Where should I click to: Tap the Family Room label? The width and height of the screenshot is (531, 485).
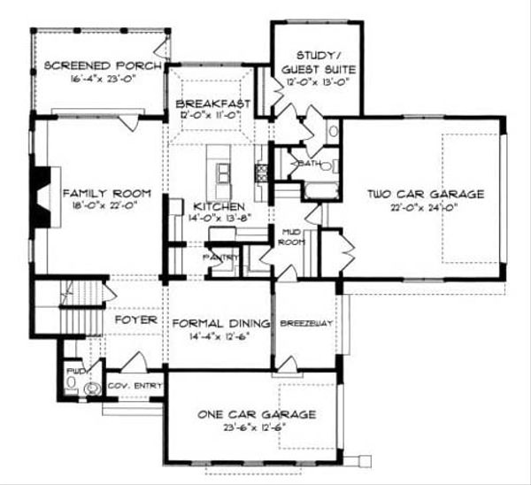(100, 192)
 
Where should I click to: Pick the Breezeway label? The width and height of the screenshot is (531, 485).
(306, 324)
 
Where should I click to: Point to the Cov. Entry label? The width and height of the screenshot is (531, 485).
(135, 387)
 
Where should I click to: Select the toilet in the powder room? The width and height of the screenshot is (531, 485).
(91, 388)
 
